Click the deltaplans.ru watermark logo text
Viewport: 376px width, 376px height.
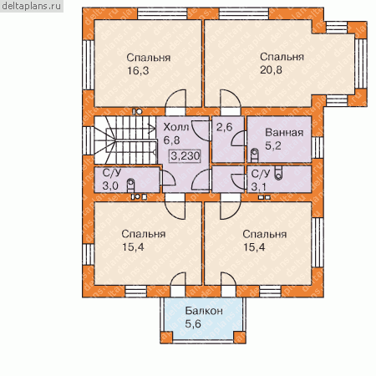[x=32, y=6]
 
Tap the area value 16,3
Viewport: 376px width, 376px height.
[x=138, y=71]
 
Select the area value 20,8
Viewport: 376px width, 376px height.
[x=271, y=70]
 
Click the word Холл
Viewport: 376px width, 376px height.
[x=176, y=127]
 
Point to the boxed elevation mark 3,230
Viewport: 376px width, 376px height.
[x=185, y=155]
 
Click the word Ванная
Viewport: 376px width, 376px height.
[x=284, y=133]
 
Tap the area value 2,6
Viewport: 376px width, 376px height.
[x=224, y=127]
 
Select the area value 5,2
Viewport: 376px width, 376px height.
[x=273, y=145]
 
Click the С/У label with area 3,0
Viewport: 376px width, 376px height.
[x=112, y=173]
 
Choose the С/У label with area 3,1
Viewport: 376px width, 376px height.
[x=261, y=174]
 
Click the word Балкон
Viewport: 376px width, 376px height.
[x=204, y=311]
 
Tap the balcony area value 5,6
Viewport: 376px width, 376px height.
[x=193, y=324]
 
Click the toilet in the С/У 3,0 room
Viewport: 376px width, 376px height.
[x=130, y=185]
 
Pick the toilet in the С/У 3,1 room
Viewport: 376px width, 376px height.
[x=278, y=173]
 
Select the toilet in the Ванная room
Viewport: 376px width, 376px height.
[x=255, y=155]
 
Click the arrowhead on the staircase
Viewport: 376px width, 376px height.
[x=153, y=129]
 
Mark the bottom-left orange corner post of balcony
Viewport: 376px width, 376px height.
[x=166, y=337]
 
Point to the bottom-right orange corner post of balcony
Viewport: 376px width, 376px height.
[x=240, y=337]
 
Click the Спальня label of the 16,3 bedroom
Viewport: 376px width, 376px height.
[x=149, y=58]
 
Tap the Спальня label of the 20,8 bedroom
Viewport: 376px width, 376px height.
[x=282, y=57]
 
